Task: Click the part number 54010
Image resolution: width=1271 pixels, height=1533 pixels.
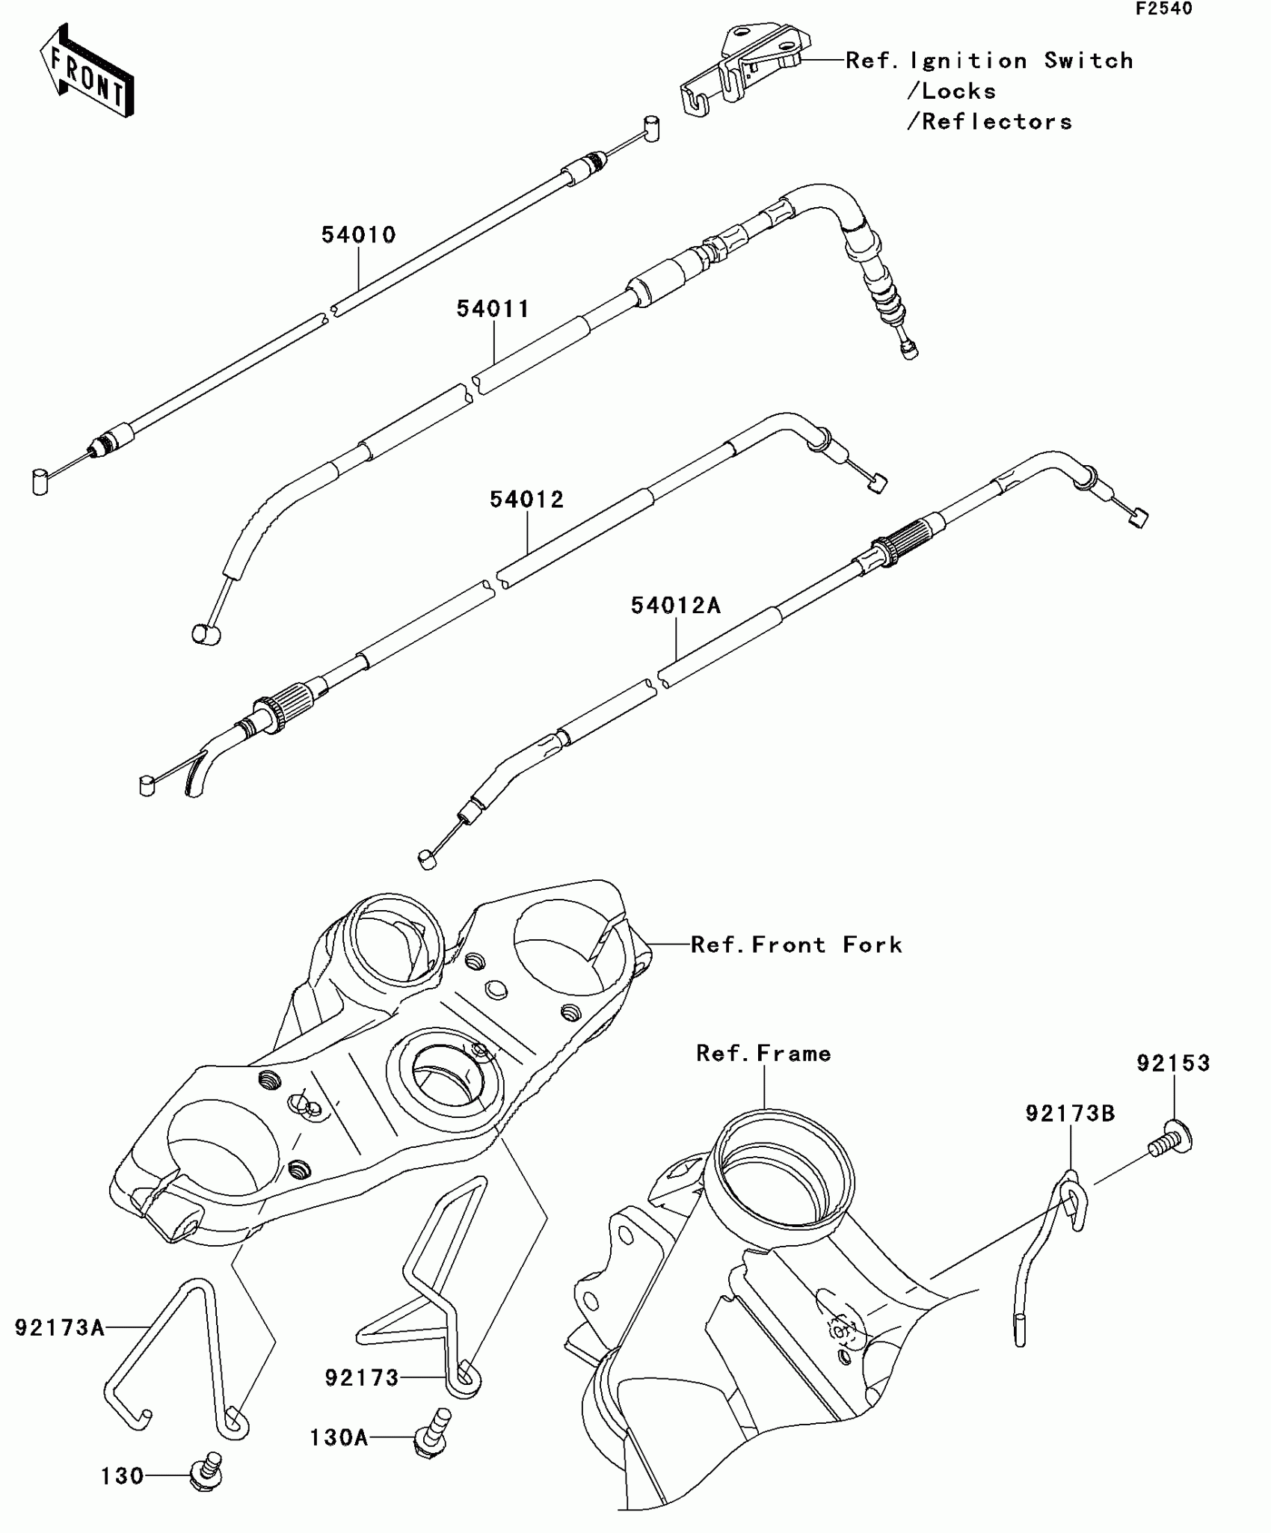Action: point(358,235)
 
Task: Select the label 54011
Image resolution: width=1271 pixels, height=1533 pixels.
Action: point(493,309)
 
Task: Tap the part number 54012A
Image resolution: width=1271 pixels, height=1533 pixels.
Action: point(675,605)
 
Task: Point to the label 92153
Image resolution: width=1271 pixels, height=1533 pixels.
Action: point(1173,1063)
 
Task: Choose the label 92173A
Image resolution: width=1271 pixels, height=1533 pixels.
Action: point(60,1327)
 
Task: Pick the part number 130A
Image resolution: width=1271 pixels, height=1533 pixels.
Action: point(339,1437)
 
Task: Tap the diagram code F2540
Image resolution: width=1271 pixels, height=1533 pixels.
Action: point(1164,9)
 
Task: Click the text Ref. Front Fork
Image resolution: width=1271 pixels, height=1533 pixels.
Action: point(796,945)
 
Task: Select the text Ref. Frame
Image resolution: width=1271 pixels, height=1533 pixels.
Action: point(763,1054)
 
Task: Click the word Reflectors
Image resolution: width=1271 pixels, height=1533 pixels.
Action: point(997,122)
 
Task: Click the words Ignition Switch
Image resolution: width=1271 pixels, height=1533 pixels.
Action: point(1021,61)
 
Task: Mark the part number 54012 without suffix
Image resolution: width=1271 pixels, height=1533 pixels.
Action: point(526,500)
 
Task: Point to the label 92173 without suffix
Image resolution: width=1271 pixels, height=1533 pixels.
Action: point(362,1377)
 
